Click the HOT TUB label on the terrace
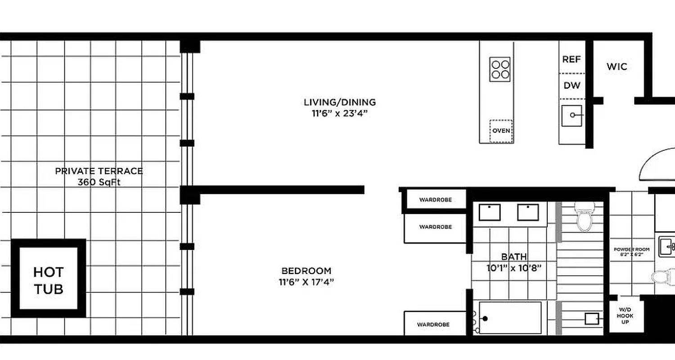click(48, 280)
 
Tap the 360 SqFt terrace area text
click(99, 182)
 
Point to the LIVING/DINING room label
click(340, 102)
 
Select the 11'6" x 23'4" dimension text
click(340, 113)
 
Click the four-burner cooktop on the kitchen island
click(500, 69)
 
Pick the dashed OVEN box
click(501, 131)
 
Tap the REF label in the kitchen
click(571, 59)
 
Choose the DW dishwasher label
click(572, 85)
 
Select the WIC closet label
click(616, 67)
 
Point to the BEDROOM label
click(306, 271)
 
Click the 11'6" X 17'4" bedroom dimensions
click(306, 283)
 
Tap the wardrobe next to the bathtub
click(434, 324)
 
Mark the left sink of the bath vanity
click(490, 212)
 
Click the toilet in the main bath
click(585, 218)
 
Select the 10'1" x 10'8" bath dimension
click(513, 269)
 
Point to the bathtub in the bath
click(510, 318)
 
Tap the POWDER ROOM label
click(631, 249)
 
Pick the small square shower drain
click(591, 319)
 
